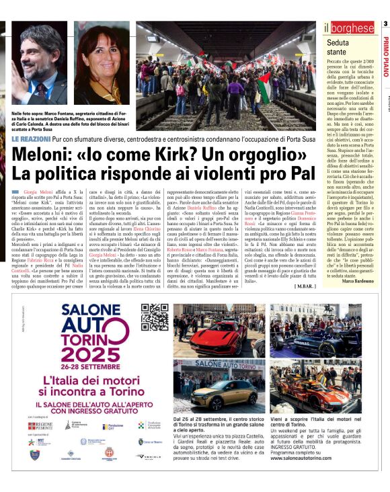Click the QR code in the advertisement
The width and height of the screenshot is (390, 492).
tap(154, 317)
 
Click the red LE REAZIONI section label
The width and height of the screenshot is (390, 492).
tap(32, 138)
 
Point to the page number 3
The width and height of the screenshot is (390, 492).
tap(385, 24)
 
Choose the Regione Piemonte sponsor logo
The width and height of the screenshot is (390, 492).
tap(42, 425)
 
